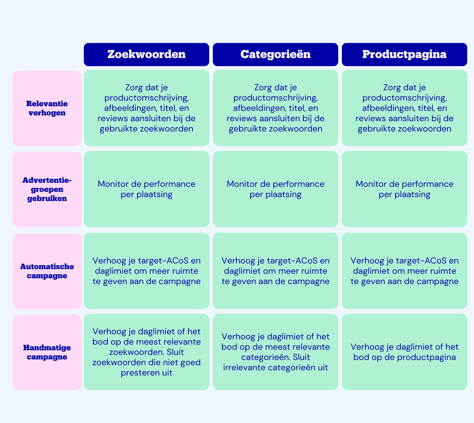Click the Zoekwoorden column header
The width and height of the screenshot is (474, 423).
(146, 54)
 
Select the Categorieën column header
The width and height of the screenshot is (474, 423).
(275, 54)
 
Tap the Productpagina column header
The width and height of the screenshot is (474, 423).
(404, 54)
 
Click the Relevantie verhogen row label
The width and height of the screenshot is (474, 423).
(47, 108)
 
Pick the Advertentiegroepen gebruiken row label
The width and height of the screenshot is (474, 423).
(47, 189)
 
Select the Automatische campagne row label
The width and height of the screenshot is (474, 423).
(47, 271)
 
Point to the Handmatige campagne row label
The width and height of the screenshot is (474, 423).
(47, 352)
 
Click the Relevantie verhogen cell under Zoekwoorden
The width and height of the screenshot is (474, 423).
(146, 108)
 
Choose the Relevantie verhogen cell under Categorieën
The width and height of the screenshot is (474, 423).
(275, 108)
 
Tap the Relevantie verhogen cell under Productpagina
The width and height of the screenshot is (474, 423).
(404, 108)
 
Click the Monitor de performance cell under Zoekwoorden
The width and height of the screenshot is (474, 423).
(146, 189)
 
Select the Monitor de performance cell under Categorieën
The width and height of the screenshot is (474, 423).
(275, 189)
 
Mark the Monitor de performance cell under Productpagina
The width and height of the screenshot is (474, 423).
(404, 189)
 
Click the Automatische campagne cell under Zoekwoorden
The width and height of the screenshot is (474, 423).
(146, 271)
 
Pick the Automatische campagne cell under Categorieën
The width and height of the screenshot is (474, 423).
(275, 271)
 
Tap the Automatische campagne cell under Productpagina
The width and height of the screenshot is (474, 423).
(404, 271)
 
